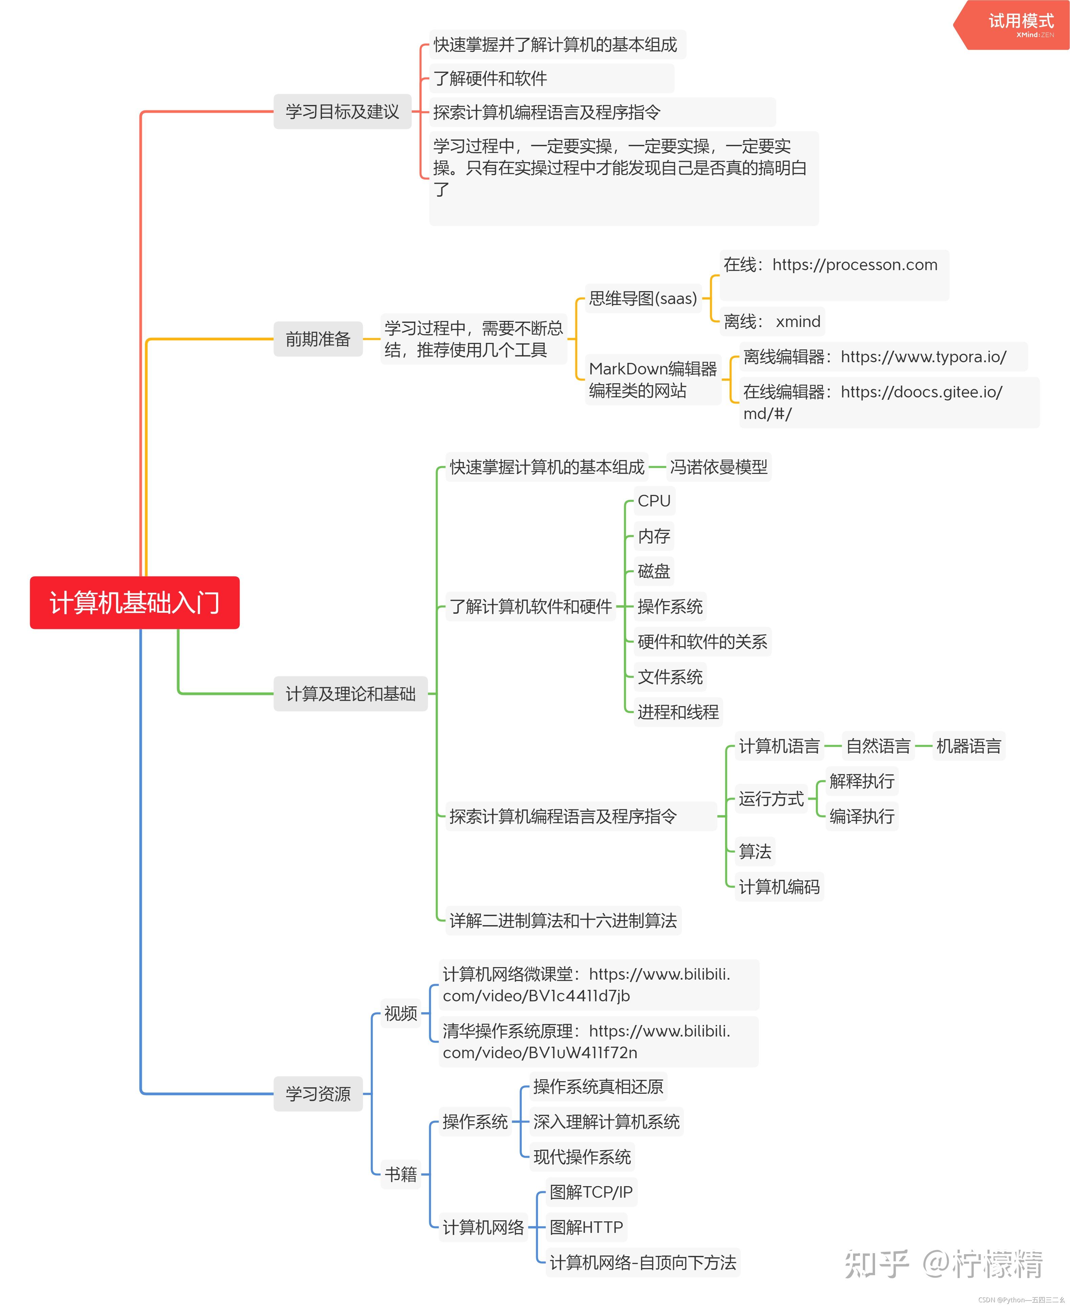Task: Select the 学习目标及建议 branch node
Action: tap(342, 111)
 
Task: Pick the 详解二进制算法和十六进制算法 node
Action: tap(563, 921)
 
